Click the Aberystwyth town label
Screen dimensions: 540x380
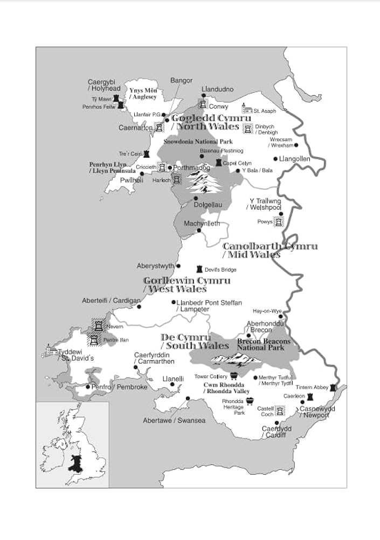156,266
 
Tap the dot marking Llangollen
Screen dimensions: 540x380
275,159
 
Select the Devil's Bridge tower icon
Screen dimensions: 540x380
199,269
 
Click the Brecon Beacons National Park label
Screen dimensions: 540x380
264,345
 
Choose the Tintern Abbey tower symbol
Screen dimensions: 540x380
334,387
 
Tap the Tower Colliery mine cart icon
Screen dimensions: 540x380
234,376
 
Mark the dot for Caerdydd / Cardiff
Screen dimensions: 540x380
277,423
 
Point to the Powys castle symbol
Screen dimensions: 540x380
278,221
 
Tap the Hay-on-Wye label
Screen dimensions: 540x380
267,311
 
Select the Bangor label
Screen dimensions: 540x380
181,80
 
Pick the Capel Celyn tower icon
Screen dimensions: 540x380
218,163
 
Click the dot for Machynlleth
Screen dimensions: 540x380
199,231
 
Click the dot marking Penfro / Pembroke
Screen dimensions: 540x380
88,387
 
